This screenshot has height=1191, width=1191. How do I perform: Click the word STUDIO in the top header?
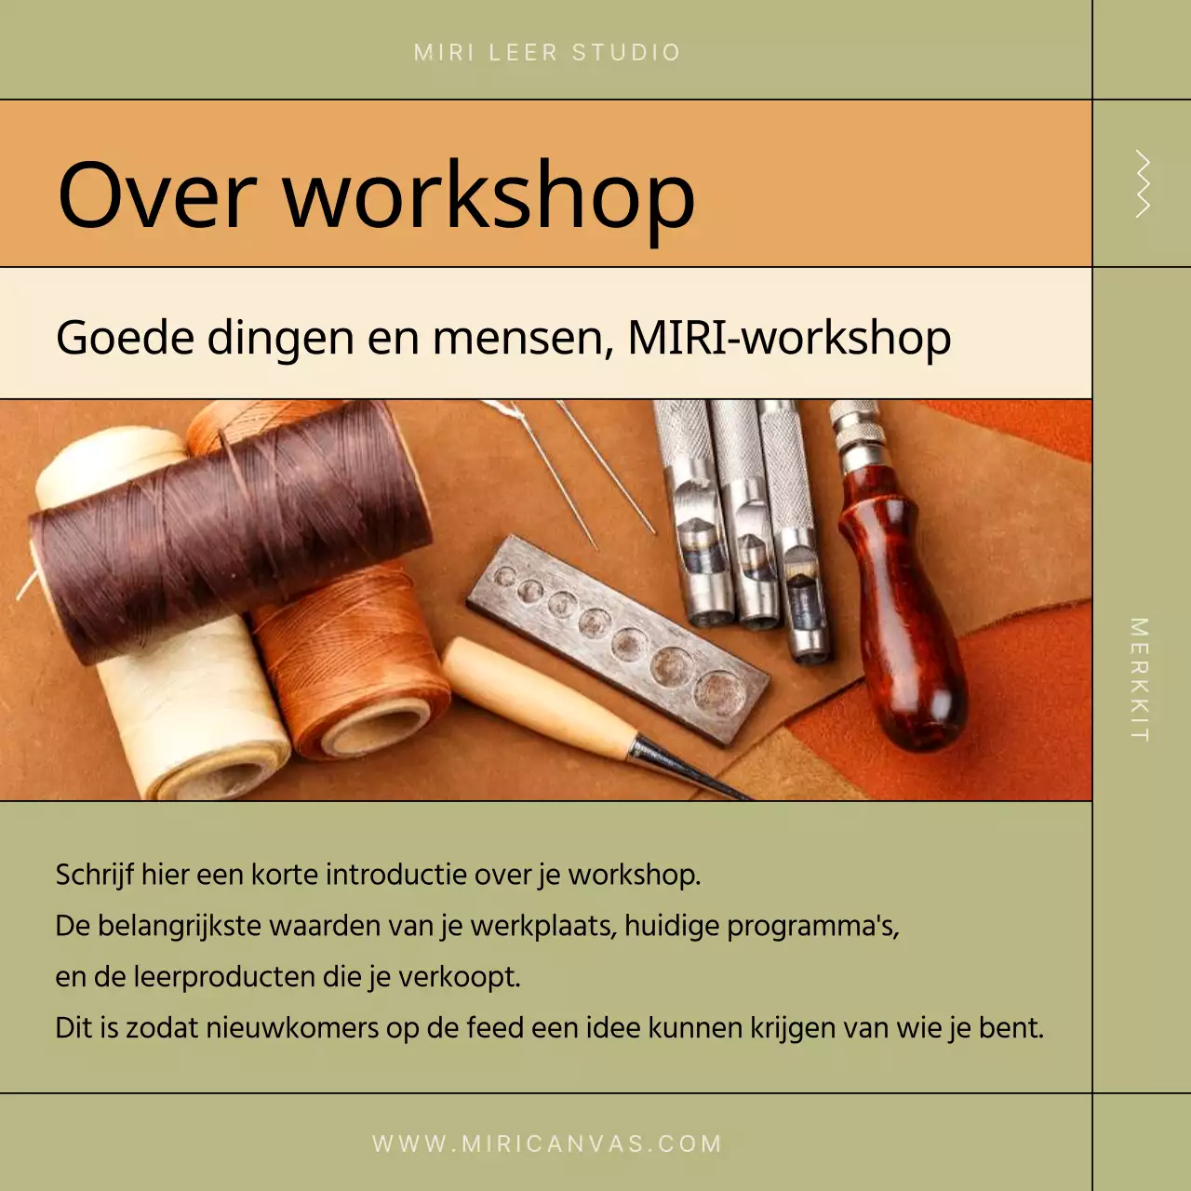(626, 53)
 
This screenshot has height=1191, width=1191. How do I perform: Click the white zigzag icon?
(1142, 184)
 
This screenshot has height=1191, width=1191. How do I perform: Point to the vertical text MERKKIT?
(1140, 679)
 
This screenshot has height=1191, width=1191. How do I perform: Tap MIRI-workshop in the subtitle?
(789, 337)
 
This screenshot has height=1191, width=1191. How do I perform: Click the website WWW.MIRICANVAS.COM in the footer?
(547, 1144)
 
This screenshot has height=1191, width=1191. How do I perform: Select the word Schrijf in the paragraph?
(94, 876)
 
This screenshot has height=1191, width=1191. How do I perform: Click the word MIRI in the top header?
(444, 53)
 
